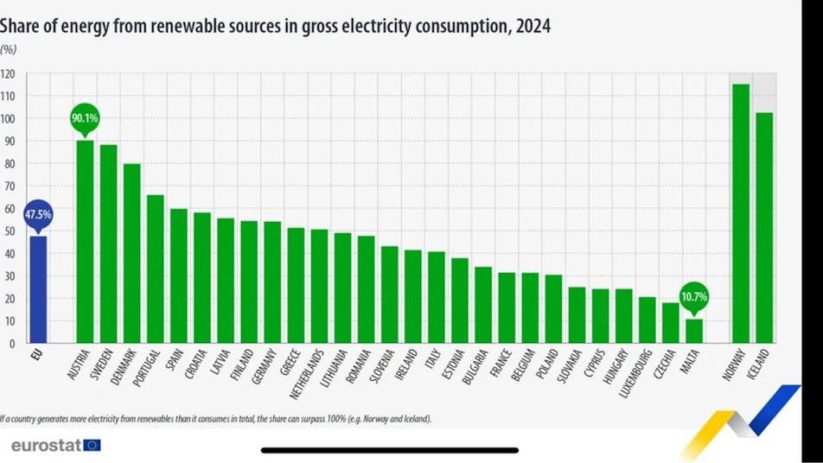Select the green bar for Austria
(85, 242)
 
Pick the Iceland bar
(763, 228)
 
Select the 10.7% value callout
(694, 297)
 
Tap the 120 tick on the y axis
(8, 73)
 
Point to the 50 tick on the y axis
(8, 231)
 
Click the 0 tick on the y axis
(10, 344)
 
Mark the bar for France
(507, 308)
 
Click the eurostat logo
(56, 445)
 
